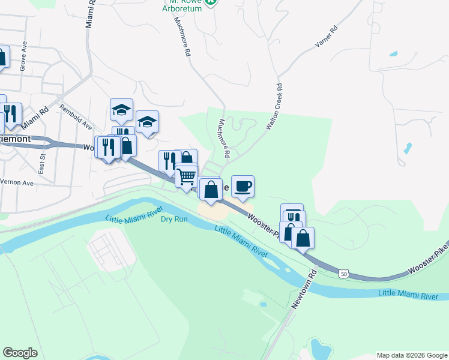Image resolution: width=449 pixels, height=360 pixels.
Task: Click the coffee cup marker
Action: point(243,187)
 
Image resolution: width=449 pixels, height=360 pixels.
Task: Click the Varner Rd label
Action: point(327,37)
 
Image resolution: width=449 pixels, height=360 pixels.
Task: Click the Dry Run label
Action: point(175,219)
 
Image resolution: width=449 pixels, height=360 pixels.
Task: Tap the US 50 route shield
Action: point(343,274)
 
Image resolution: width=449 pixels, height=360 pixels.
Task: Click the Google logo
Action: point(20,352)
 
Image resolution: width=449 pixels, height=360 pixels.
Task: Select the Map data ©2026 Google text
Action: point(411,355)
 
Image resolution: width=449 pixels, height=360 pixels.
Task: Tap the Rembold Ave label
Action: point(76,118)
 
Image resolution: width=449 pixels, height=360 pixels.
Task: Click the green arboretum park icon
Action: point(210,2)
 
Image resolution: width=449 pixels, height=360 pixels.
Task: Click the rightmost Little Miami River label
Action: point(413,294)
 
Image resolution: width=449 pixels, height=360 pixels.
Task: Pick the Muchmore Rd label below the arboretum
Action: point(182,36)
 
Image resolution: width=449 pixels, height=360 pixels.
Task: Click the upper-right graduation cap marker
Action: point(147,122)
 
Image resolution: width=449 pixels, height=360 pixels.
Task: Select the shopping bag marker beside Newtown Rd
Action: point(303,238)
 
